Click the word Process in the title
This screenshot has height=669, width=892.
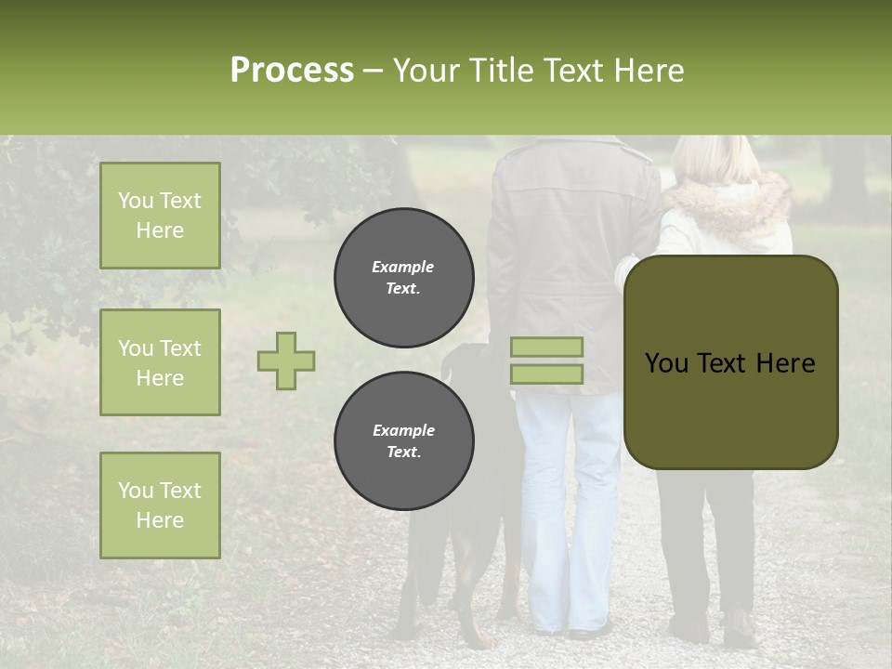[x=292, y=71]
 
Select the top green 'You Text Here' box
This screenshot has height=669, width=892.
[x=160, y=216]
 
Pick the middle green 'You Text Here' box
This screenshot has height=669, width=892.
[x=160, y=362]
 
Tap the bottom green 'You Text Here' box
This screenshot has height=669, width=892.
[x=160, y=505]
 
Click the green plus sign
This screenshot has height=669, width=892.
[x=286, y=361]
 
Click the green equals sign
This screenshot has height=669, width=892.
[x=546, y=361]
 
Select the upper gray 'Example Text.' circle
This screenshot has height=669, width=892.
[x=403, y=277]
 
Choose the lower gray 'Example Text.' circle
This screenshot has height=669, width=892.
[x=403, y=440]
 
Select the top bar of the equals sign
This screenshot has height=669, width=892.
[x=546, y=347]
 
